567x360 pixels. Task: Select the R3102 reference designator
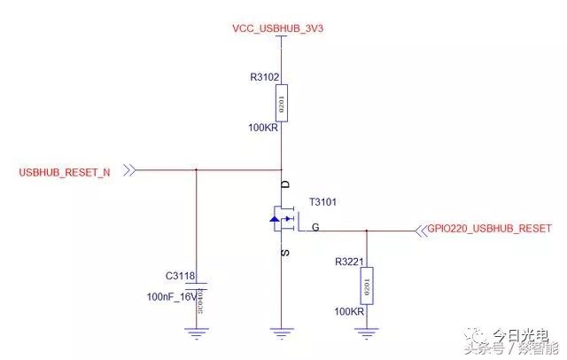point(266,77)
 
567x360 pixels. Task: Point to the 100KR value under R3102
point(265,129)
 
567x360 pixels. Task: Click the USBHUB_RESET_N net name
point(65,171)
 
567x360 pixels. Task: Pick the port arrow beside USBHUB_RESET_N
point(130,169)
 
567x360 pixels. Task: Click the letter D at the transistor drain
point(285,184)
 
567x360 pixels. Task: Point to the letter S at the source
point(285,253)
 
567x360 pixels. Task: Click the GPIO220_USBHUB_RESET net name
point(490,228)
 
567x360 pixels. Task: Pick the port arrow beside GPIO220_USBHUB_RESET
point(420,230)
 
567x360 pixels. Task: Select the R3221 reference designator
point(350,262)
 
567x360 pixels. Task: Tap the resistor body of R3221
point(366,286)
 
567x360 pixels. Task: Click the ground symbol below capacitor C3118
point(195,333)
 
